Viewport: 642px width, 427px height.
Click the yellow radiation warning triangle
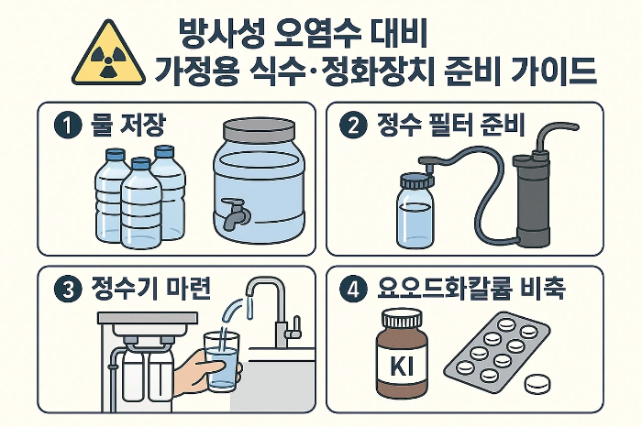[108, 54]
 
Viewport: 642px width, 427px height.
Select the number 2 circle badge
[353, 126]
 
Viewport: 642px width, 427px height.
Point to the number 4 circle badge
[353, 290]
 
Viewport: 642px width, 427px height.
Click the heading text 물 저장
[127, 125]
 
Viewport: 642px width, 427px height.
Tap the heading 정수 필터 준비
[450, 125]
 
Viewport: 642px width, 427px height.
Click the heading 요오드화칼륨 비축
[471, 289]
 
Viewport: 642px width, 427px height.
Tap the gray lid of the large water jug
[260, 131]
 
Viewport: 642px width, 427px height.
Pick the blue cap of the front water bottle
[141, 164]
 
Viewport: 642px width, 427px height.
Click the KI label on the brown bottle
[402, 365]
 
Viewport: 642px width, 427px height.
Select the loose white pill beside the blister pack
[537, 384]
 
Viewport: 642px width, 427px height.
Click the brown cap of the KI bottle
[402, 318]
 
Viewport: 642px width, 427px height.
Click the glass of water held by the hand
[222, 361]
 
